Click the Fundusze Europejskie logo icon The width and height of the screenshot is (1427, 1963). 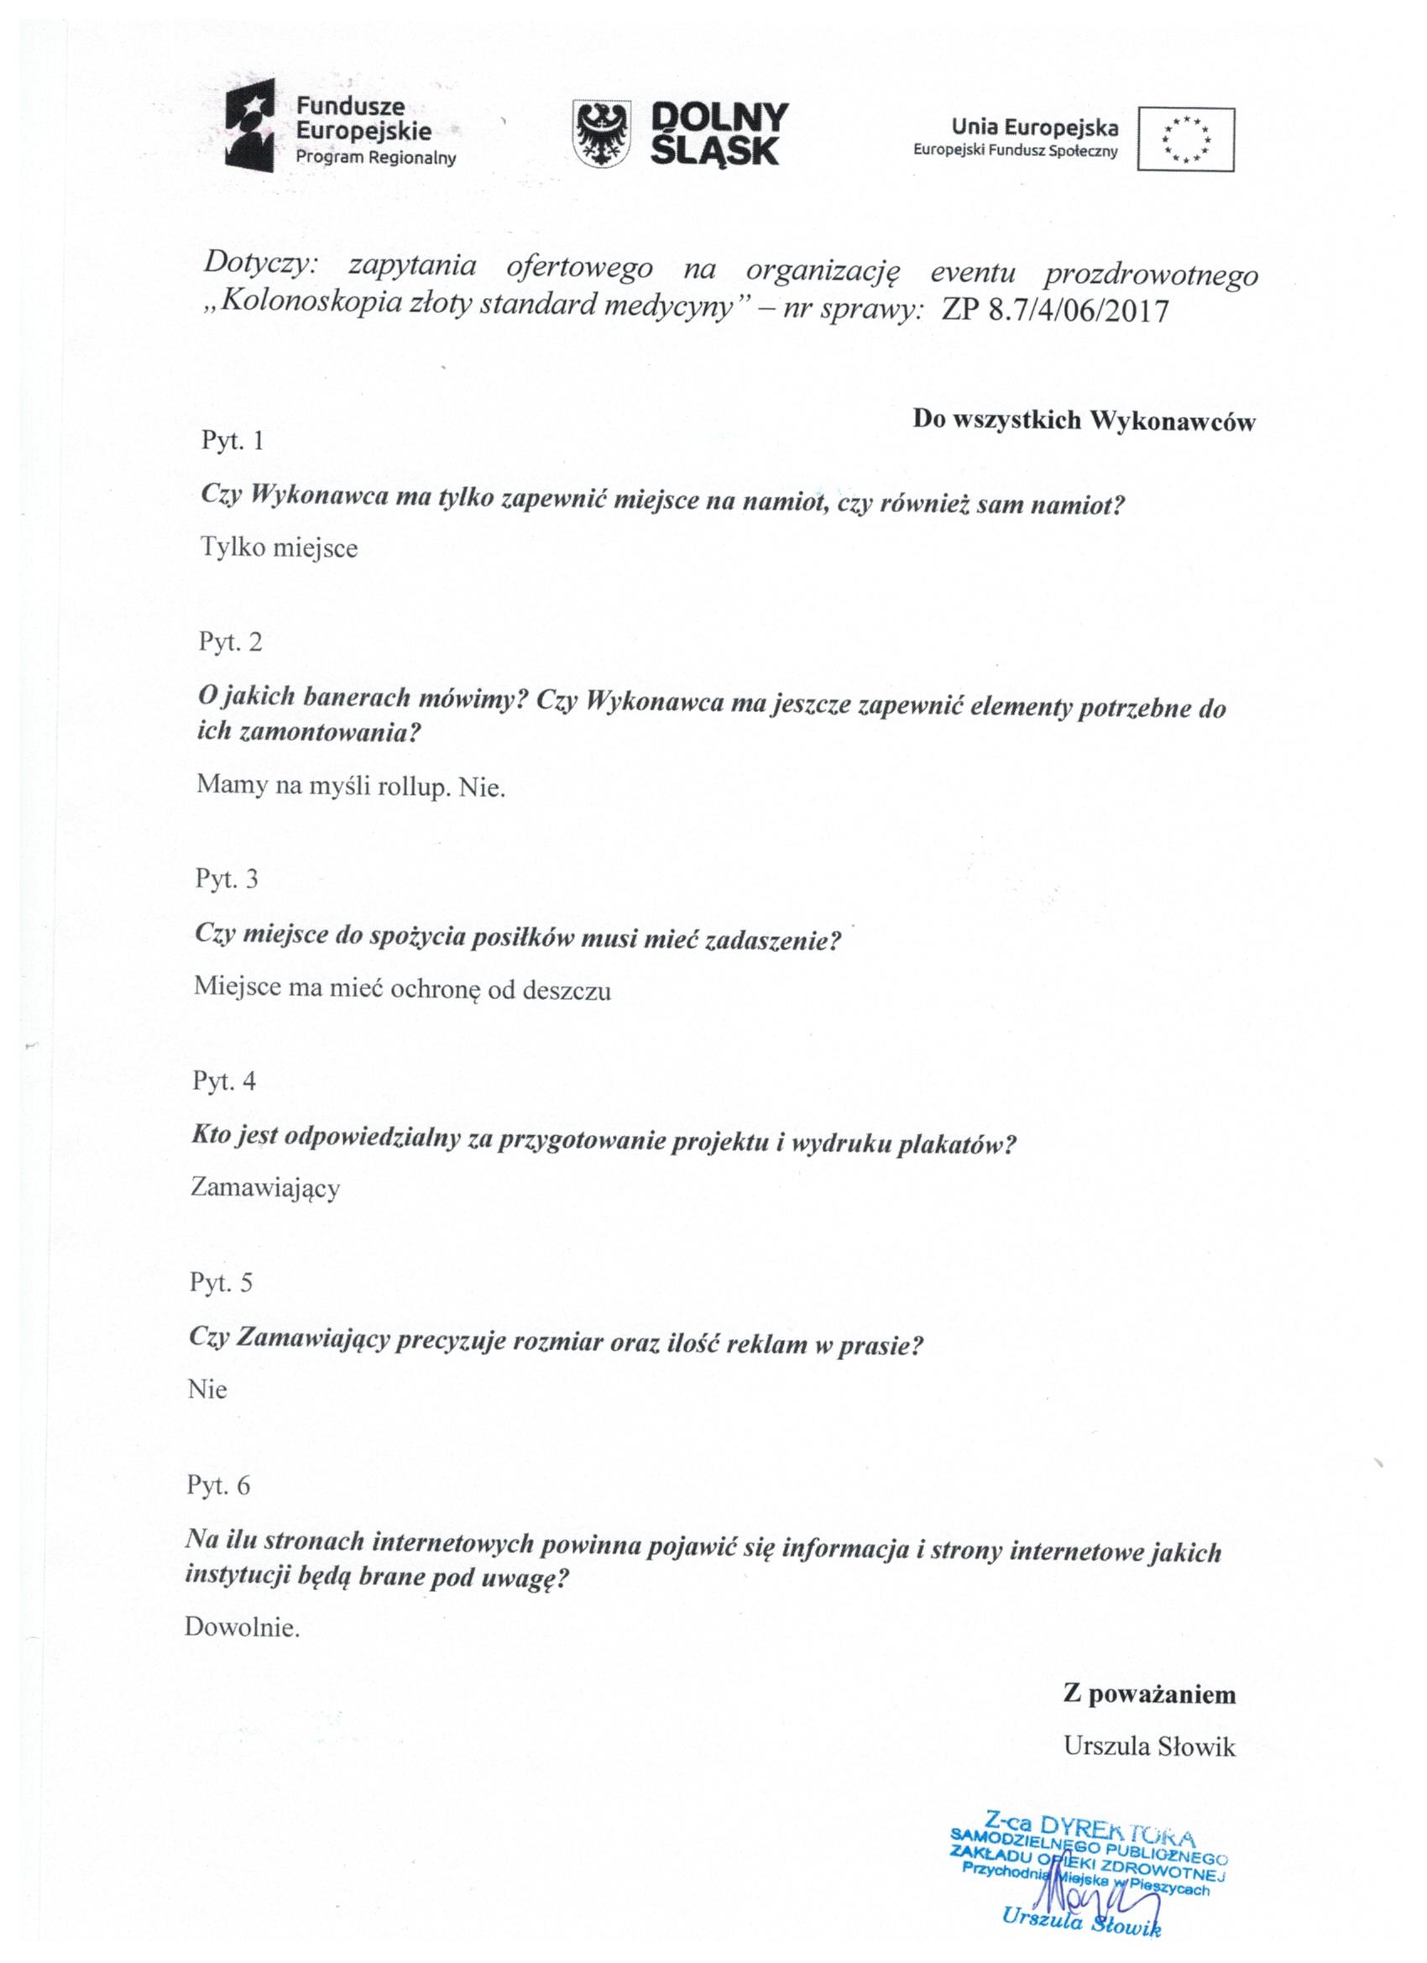tap(249, 125)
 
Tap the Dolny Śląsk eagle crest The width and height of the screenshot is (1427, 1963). tap(601, 133)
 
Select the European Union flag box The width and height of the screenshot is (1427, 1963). tap(1185, 139)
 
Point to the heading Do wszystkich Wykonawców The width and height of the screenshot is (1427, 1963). tap(1084, 421)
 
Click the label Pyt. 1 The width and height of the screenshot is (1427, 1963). tap(232, 441)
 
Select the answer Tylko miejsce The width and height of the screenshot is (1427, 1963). tap(279, 548)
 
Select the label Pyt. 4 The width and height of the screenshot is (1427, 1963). tap(223, 1081)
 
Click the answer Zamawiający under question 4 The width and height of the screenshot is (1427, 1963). tap(264, 1188)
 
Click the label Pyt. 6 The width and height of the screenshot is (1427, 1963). tap(218, 1486)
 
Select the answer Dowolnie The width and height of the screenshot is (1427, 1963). tap(242, 1627)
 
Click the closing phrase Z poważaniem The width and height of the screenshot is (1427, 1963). tap(1149, 1693)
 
